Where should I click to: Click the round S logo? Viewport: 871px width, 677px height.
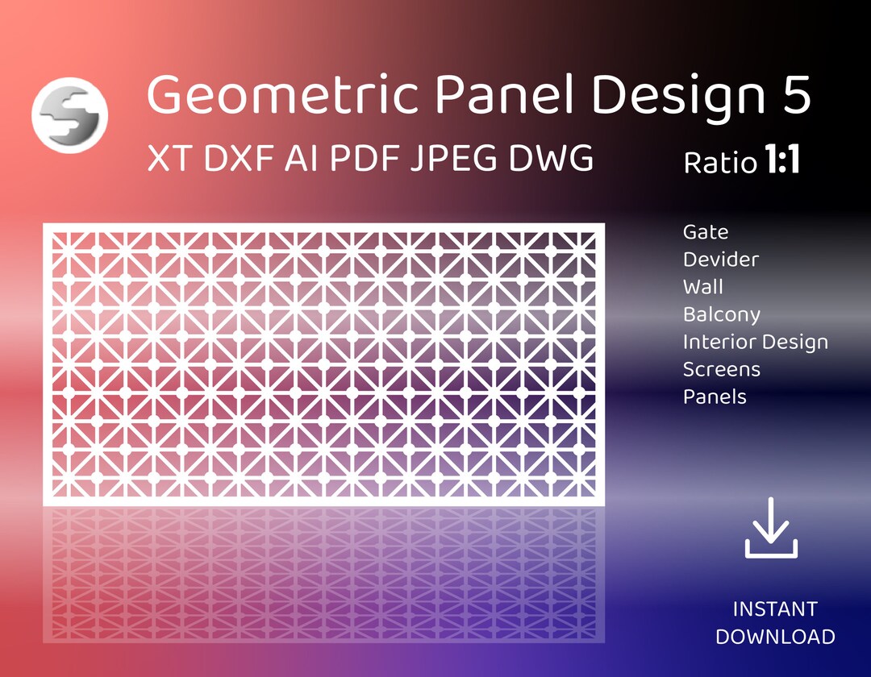point(69,115)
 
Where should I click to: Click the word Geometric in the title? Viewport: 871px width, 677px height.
point(282,96)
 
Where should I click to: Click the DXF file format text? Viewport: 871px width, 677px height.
point(239,159)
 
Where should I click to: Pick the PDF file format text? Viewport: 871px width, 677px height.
point(364,159)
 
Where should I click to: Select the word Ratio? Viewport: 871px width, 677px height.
point(720,163)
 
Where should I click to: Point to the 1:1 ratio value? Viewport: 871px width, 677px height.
point(781,161)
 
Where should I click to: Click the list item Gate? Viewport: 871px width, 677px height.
point(706,232)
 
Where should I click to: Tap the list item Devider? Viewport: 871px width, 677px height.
point(721,260)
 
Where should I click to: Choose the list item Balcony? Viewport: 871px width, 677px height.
point(722,314)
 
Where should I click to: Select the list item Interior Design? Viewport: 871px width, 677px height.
point(756,342)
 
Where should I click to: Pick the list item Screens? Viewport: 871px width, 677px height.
point(722,369)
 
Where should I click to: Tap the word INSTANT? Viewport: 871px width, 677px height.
point(775,608)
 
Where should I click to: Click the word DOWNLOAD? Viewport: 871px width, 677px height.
point(775,636)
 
